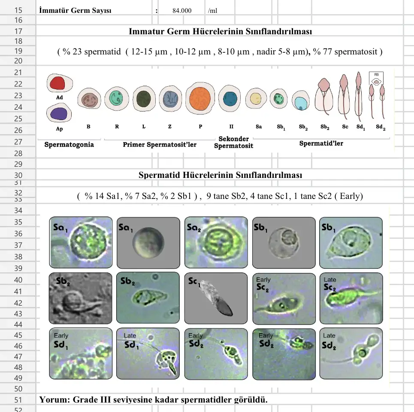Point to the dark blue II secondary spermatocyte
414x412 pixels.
coord(231,99)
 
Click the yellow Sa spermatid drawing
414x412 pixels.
coord(256,99)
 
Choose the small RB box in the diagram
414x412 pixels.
coord(376,78)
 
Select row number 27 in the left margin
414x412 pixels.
coord(18,142)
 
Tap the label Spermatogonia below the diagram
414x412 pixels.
coord(69,144)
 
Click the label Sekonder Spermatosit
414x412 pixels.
coord(233,142)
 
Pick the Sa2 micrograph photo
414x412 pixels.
coord(216,243)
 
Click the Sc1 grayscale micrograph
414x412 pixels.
coord(216,298)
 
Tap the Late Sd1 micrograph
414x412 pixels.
coord(148,353)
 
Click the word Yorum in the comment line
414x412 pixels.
coord(54,400)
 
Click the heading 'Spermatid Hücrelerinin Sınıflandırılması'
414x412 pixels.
coord(220,175)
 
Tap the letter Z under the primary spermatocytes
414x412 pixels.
coord(170,127)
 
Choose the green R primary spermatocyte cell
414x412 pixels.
coord(117,98)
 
